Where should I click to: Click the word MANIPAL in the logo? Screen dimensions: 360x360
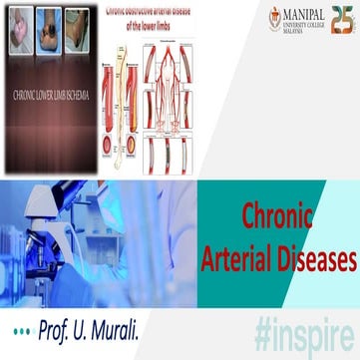[305, 14]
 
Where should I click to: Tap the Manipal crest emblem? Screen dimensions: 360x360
[275, 18]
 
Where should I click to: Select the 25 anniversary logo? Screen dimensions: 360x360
[340, 19]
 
